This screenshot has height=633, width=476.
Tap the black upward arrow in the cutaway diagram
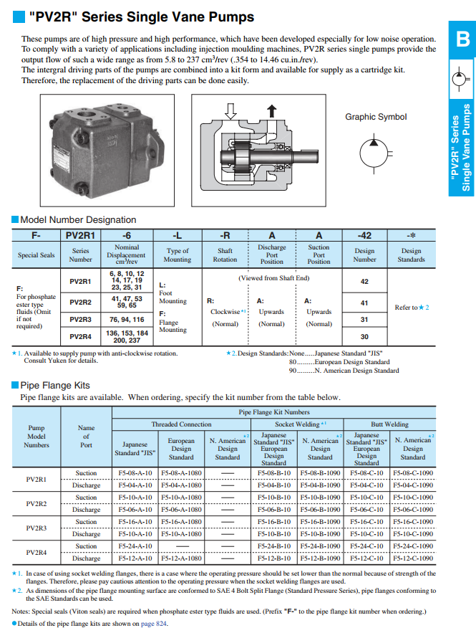(x=271, y=110)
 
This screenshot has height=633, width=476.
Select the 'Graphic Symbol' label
(x=376, y=117)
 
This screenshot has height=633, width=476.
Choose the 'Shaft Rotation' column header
(x=225, y=255)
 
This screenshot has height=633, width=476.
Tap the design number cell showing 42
(x=364, y=282)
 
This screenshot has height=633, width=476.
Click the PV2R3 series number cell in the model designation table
(x=80, y=319)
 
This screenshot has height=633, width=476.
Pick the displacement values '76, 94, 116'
(x=127, y=319)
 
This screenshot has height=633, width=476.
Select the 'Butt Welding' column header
(x=389, y=424)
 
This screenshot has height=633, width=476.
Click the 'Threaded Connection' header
(x=181, y=424)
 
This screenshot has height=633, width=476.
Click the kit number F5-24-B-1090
(x=320, y=546)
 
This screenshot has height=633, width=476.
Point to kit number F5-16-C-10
(x=366, y=522)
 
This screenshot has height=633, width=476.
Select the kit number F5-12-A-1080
(x=181, y=558)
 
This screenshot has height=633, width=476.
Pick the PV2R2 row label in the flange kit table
(x=37, y=503)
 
